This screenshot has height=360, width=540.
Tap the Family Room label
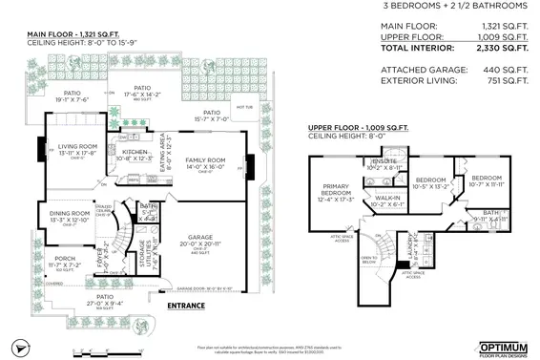tap(204, 159)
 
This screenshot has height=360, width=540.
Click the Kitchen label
tap(135, 152)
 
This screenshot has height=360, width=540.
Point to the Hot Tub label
tap(242, 107)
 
